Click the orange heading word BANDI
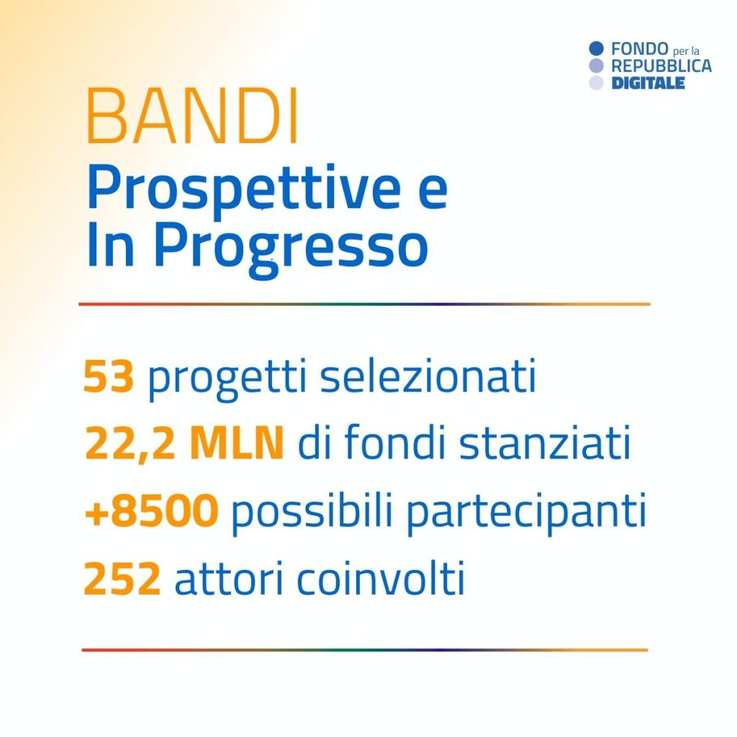point(192,116)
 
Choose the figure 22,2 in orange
point(130,443)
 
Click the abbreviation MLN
point(236,443)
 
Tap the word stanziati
point(545,443)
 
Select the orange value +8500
point(151,510)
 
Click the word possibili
point(312,512)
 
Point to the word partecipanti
point(526,512)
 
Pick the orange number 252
point(122,578)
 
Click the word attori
point(229,578)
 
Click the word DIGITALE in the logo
point(648,83)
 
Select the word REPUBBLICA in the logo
point(661,65)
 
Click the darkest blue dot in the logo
point(596,48)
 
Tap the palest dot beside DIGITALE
point(596,83)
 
